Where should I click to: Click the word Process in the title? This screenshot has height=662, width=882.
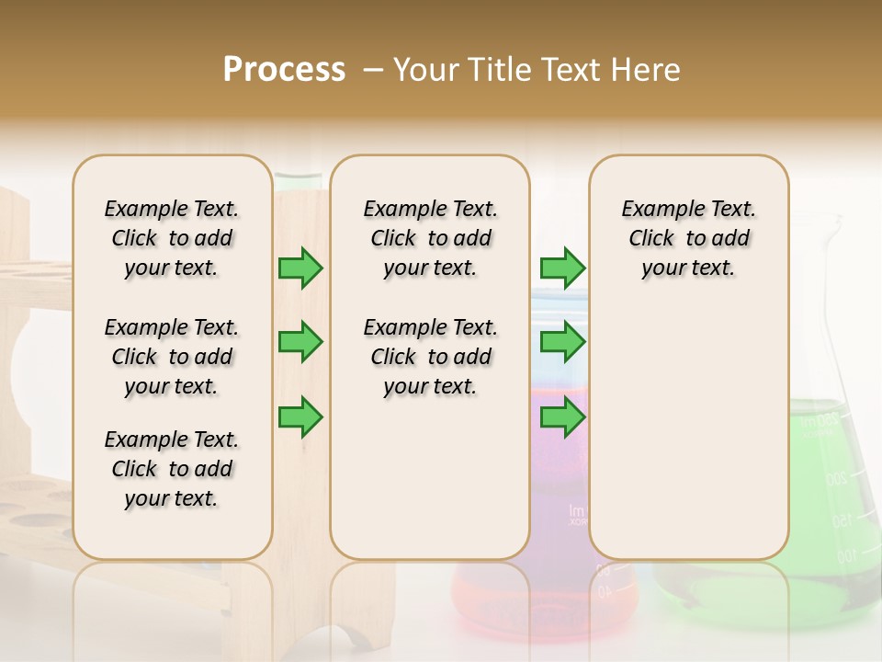tap(284, 70)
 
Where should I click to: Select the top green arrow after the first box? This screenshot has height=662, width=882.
tap(300, 268)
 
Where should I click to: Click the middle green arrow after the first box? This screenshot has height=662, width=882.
tap(300, 342)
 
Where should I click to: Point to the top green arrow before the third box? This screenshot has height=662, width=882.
tap(562, 268)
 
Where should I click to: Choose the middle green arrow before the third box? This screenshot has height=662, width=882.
tap(562, 342)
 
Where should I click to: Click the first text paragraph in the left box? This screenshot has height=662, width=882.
tap(172, 238)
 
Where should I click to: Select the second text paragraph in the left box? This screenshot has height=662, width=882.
tap(172, 357)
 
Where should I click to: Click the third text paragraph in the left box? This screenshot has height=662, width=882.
tap(172, 469)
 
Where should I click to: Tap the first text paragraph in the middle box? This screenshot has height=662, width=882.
tap(430, 238)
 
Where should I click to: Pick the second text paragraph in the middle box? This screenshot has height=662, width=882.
tap(430, 357)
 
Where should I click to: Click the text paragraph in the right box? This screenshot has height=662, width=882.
tap(688, 238)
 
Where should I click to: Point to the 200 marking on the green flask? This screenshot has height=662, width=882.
tap(836, 479)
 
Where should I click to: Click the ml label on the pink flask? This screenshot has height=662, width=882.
tap(577, 511)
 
